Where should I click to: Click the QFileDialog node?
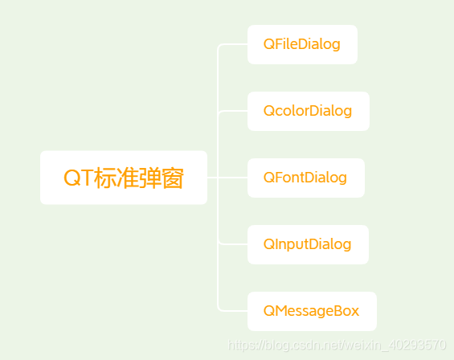pos(301,44)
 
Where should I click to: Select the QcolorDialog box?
pos(308,111)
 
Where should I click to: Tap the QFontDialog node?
pos(305,178)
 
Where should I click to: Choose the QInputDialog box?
pos(307,244)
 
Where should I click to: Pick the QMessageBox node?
pos(311,311)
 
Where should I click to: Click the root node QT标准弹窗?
pos(123,178)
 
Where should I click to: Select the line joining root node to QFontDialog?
pos(227,178)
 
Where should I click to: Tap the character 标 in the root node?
pos(104,178)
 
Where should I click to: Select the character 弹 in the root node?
pos(149,178)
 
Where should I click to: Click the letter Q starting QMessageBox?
pos(269,311)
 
